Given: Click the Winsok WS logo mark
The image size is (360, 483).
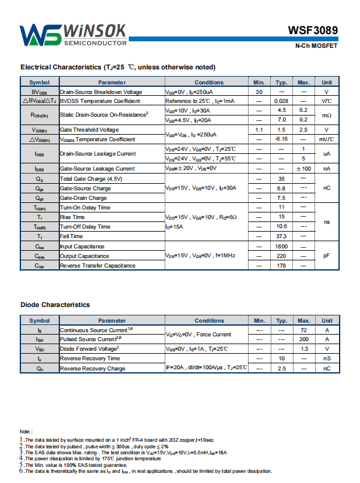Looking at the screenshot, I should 40,35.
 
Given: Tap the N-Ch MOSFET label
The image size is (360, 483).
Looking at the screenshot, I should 316,46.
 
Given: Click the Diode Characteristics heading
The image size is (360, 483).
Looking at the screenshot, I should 55,305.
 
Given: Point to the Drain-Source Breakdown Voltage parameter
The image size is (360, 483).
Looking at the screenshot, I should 101,92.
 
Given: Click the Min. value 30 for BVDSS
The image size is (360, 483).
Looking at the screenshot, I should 259,92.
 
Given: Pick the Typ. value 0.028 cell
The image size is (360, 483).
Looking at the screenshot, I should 282,101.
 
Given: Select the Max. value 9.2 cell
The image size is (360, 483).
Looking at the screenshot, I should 303,120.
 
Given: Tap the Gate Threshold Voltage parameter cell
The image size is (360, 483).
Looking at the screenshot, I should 89,130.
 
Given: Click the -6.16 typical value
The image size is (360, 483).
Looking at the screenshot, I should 282,139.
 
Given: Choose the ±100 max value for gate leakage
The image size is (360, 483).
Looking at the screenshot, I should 303,169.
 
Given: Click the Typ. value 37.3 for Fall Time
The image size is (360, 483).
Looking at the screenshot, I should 282,236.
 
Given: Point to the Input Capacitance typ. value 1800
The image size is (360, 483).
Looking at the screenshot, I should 282,247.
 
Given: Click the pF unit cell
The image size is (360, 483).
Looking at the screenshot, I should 326,256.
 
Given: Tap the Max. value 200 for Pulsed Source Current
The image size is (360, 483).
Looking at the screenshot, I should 303,339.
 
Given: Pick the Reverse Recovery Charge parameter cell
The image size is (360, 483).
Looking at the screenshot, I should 93,368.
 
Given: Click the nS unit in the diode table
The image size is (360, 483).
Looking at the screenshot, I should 326,359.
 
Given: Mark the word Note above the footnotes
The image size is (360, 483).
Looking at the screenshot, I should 26,432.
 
